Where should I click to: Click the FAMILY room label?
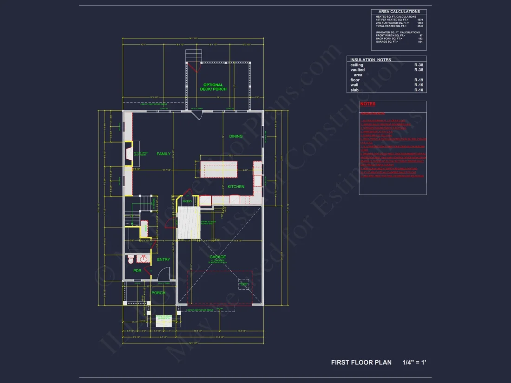click(164, 154)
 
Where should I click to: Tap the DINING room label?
click(236, 136)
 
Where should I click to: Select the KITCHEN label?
click(236, 187)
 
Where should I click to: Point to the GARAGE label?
click(217, 257)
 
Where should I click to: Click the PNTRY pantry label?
click(187, 201)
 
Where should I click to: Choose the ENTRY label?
click(164, 260)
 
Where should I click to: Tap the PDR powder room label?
click(137, 271)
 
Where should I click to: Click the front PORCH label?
click(158, 293)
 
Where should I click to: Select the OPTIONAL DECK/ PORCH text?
click(213, 87)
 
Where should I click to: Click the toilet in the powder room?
click(131, 259)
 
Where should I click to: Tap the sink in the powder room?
click(144, 258)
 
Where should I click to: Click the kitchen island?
click(219, 169)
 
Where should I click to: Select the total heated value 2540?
click(420, 26)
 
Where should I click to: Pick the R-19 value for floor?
click(419, 80)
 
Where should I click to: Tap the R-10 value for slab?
click(419, 90)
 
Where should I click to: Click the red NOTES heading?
click(368, 104)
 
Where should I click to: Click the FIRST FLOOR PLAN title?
click(361, 362)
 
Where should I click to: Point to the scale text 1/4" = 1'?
click(414, 362)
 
